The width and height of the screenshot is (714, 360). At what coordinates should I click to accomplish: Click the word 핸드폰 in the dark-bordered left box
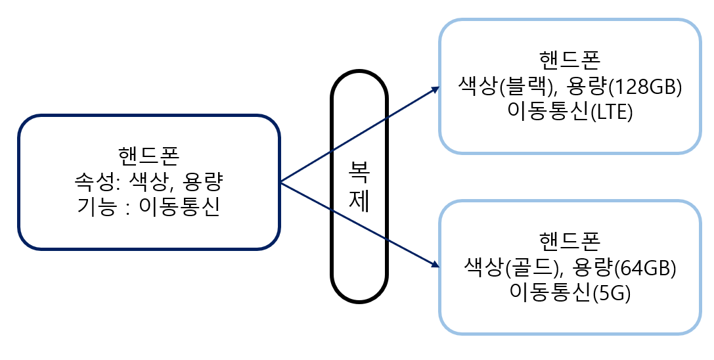click(149, 155)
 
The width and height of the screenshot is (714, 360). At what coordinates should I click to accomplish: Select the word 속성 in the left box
click(93, 181)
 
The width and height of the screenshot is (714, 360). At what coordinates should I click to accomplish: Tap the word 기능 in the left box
click(93, 208)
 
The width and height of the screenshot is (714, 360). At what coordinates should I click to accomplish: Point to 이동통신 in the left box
click(177, 208)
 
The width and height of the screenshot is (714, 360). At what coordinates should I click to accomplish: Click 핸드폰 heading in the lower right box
click(569, 240)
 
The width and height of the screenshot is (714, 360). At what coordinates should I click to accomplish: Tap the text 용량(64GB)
click(626, 267)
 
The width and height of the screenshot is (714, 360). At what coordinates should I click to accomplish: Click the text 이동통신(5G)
click(569, 294)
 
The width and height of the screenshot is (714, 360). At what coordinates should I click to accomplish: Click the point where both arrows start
click(280, 182)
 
